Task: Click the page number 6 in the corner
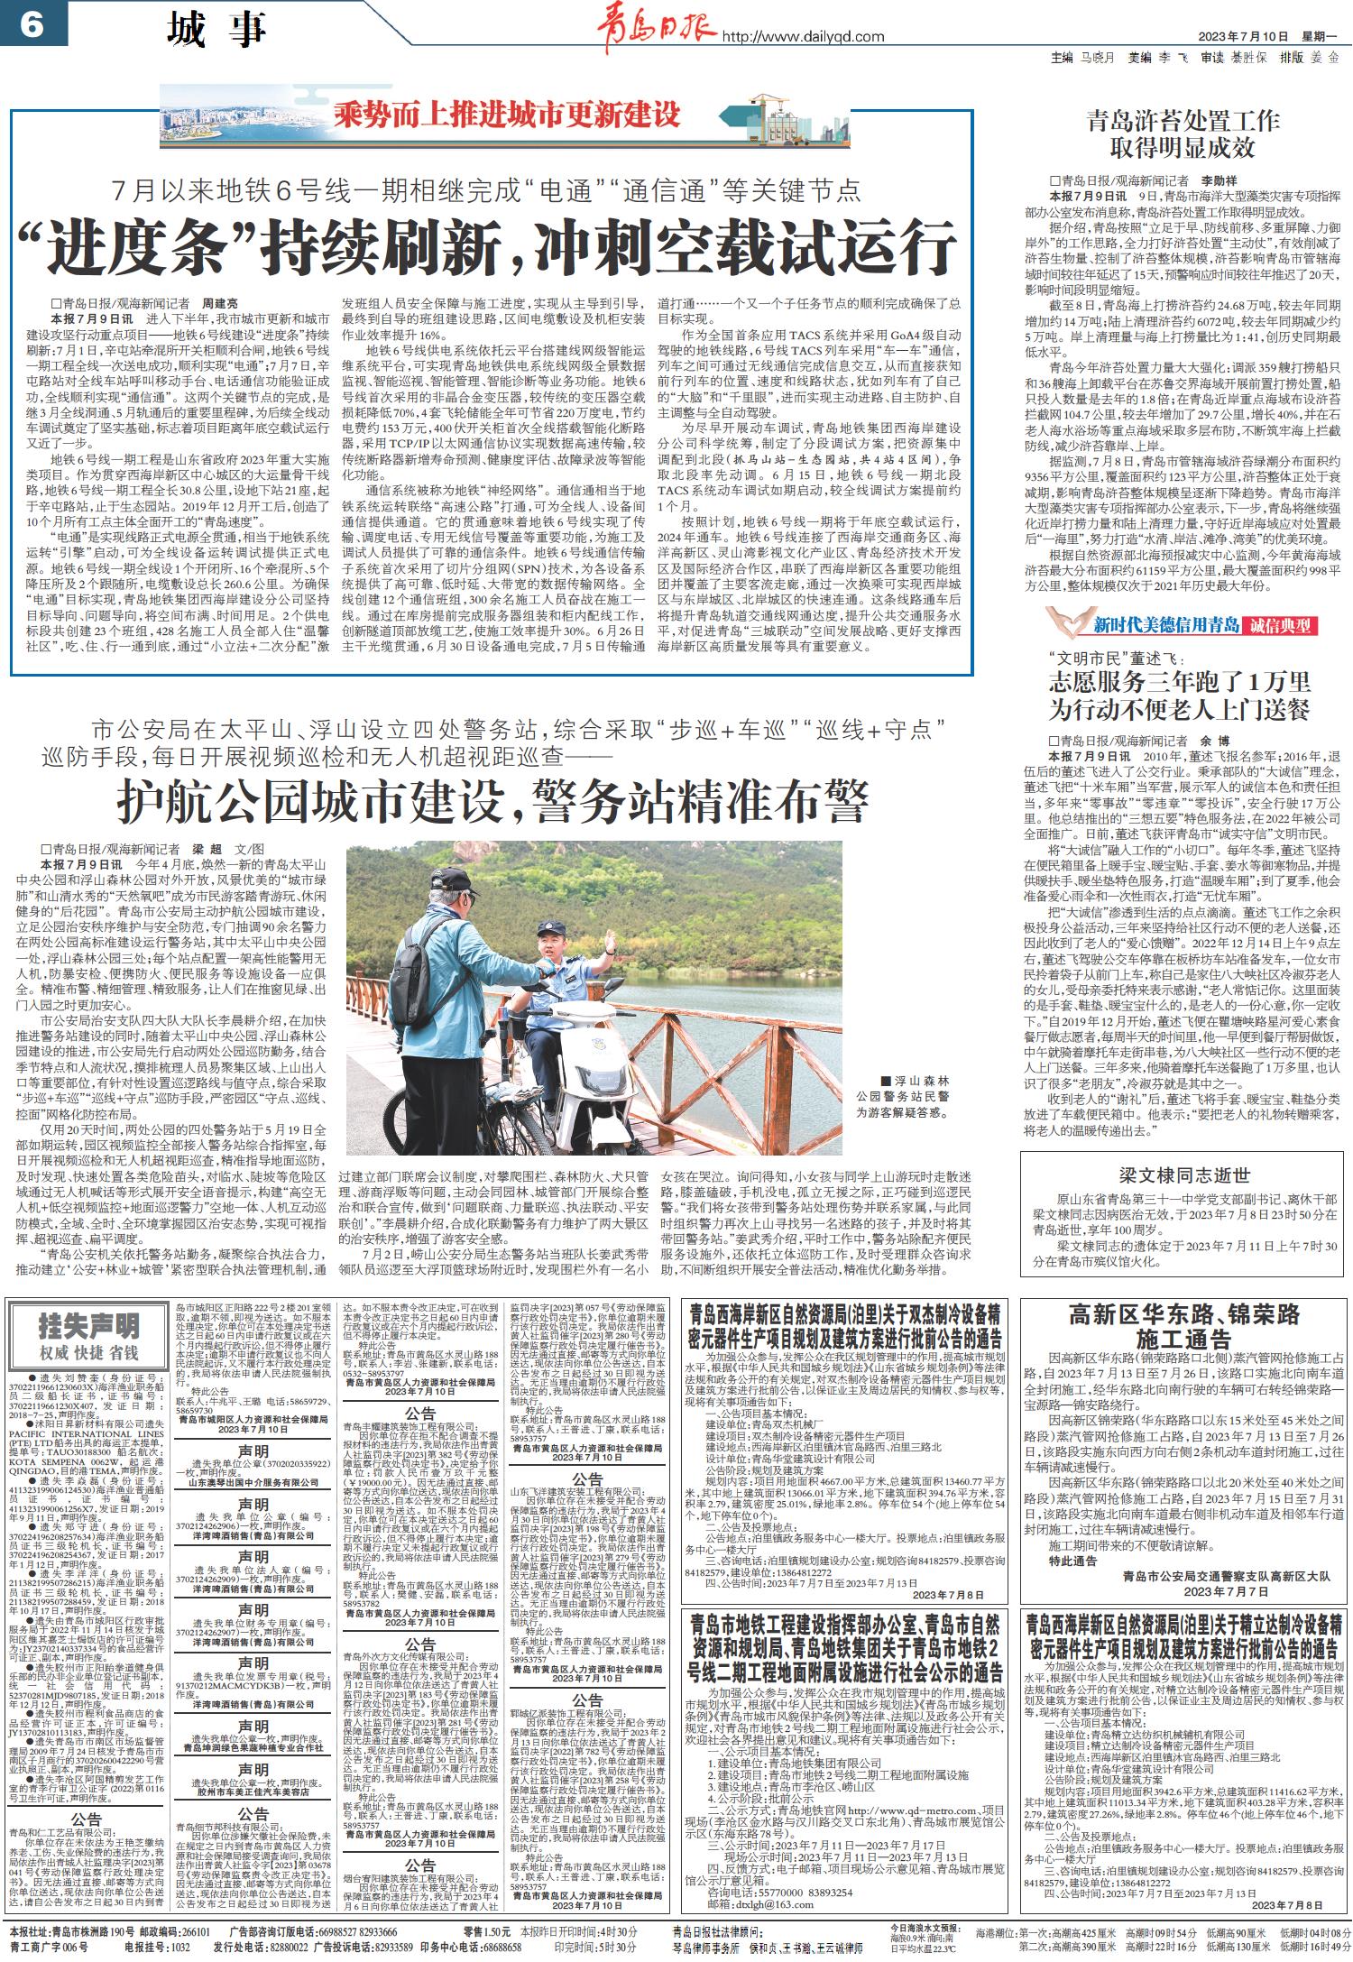point(31,24)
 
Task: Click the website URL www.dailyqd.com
point(803,37)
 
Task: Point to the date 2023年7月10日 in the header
point(1244,37)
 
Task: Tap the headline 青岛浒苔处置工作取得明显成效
point(1183,133)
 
